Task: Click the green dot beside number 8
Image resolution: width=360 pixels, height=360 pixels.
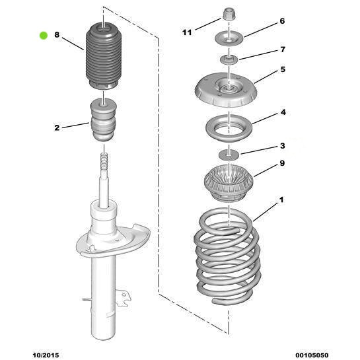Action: point(44,36)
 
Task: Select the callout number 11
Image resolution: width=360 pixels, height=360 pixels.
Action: point(187,32)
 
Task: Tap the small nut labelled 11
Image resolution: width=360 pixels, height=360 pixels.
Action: point(229,14)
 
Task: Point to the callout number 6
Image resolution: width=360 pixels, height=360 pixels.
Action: point(282,21)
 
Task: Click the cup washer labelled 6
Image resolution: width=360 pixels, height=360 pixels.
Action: point(229,39)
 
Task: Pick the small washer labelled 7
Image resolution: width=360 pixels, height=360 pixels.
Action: point(229,59)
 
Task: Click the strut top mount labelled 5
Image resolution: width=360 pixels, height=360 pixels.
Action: point(226,90)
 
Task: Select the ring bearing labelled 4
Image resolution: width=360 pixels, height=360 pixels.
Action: point(229,128)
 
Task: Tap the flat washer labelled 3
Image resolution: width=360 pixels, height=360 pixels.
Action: point(229,155)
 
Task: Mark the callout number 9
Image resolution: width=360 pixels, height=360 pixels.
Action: point(282,163)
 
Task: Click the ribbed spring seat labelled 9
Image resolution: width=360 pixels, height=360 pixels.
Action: point(229,184)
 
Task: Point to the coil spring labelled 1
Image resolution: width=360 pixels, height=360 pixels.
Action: point(227,257)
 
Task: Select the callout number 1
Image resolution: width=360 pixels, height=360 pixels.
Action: point(281,200)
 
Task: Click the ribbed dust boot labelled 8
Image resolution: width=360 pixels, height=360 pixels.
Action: point(104,57)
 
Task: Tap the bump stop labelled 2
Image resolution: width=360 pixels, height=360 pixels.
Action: point(104,120)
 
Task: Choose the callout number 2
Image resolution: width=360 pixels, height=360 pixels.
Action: point(57,127)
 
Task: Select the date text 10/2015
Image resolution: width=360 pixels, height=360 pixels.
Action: point(46,355)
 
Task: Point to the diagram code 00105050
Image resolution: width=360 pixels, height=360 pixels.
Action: point(312,355)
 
